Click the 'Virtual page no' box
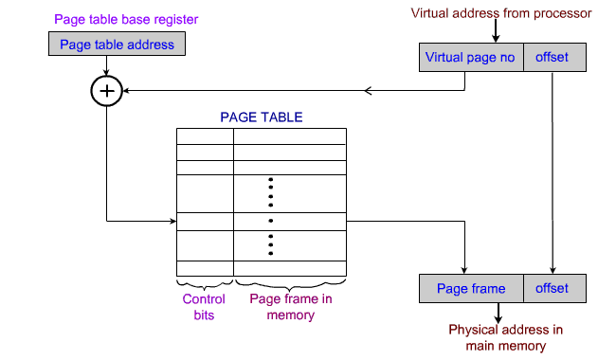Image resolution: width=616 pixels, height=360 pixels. (470, 58)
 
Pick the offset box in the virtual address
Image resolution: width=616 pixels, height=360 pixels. (552, 58)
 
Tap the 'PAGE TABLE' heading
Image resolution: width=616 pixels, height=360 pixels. (262, 117)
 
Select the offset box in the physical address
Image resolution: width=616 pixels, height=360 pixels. (552, 288)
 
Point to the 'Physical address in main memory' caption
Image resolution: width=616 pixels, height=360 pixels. (505, 337)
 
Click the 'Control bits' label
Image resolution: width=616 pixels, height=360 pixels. (203, 307)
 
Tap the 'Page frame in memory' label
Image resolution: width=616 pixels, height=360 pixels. (290, 307)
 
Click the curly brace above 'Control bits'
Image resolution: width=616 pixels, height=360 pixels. (204, 284)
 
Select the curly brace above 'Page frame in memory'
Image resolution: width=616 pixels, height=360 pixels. (290, 284)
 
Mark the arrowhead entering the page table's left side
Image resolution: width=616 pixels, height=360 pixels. (172, 223)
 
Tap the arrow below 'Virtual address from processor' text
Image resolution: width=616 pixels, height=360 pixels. (495, 33)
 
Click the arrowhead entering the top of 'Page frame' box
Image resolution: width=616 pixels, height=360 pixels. (464, 268)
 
